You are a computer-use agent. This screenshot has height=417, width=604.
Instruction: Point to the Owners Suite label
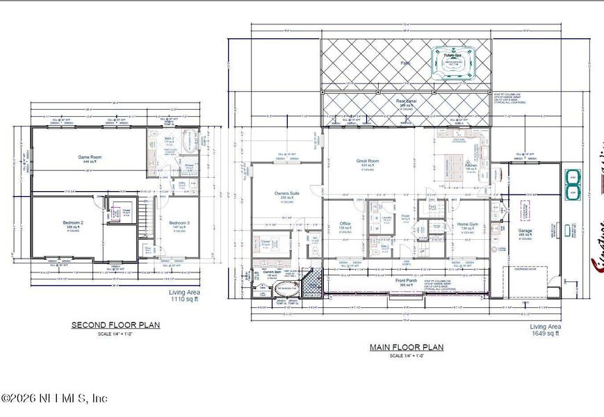[x=286, y=194]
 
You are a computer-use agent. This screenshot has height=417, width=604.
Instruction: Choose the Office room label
[x=345, y=224]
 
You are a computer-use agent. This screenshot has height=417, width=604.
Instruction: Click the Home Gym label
[x=467, y=224]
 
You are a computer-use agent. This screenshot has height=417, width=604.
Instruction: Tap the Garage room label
[x=525, y=230]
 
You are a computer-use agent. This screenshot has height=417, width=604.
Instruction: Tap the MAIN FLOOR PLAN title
[x=407, y=347]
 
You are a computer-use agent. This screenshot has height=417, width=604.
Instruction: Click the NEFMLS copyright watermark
[x=54, y=398]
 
